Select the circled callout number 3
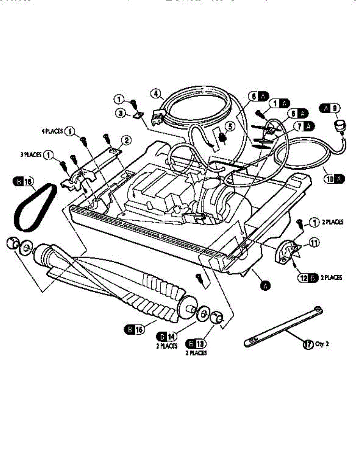(121, 114)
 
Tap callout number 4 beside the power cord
(156, 93)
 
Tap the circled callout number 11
(314, 243)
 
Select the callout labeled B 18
(196, 344)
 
